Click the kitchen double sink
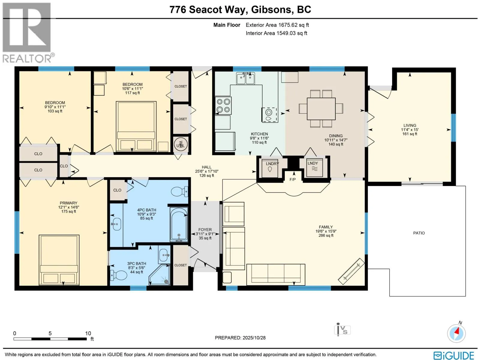[245, 78]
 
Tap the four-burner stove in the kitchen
[223, 105]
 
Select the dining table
[321, 109]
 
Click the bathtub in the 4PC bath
[179, 224]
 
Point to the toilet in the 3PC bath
[118, 275]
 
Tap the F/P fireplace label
[292, 179]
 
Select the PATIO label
[419, 233]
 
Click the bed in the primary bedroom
[59, 260]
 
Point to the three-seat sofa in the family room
[276, 274]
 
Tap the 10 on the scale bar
[88, 333]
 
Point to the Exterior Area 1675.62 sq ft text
[277, 25]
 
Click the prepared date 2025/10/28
[254, 338]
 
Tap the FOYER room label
[205, 230]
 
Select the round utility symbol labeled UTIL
[181, 145]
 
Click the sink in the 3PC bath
[164, 255]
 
